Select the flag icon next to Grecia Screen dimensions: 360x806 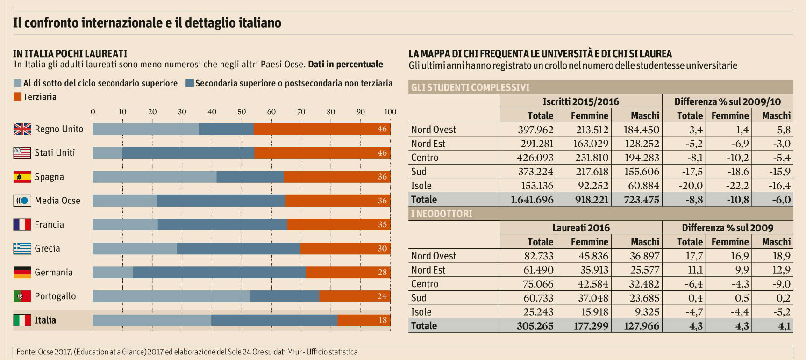[x=22, y=248]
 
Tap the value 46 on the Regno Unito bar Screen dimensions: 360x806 [x=382, y=129]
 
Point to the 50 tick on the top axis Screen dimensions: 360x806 [x=242, y=112]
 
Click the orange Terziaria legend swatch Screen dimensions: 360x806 [x=18, y=97]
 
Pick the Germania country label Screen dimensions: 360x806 [x=54, y=273]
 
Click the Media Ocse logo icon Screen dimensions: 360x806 [x=22, y=201]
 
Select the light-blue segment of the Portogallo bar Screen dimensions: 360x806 [x=171, y=296]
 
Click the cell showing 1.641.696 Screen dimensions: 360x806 [x=532, y=200]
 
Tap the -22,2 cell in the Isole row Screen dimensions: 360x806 [x=737, y=186]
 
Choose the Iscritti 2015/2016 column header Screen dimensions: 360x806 [x=581, y=101]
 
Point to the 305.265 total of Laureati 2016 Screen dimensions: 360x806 [x=535, y=326]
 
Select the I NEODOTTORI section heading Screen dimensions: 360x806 [x=442, y=214]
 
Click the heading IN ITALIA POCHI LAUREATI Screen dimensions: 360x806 [x=70, y=54]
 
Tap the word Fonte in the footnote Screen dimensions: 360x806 [x=26, y=352]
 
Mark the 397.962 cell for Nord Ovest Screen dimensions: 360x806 [x=535, y=130]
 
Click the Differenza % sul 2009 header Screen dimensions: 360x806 [x=728, y=228]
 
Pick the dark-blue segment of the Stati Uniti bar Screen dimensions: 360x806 [x=188, y=153]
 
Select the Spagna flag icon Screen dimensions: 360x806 [x=22, y=177]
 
